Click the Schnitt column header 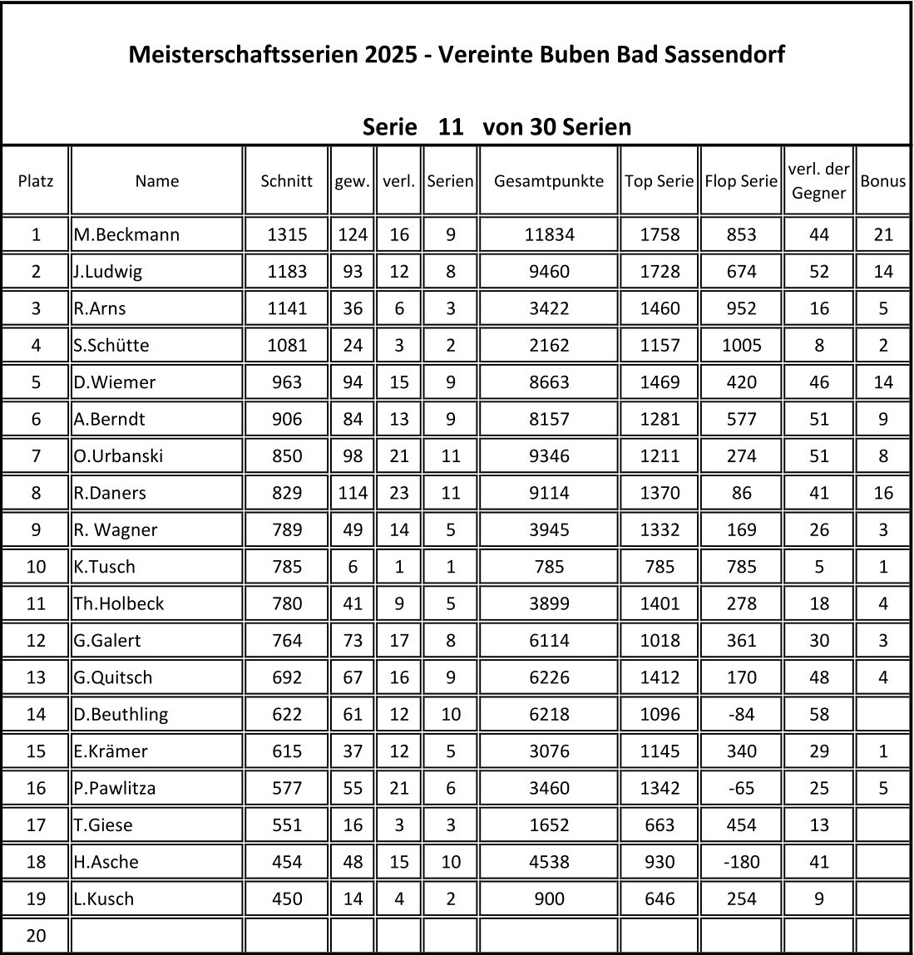point(286,181)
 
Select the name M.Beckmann point(126,235)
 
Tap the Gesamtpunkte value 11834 point(549,235)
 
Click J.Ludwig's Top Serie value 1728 point(660,272)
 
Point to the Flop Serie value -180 point(740,862)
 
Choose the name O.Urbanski point(118,456)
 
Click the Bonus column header point(882,181)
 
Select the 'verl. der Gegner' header point(818,181)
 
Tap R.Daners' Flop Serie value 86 point(740,493)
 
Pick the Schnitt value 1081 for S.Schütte point(286,346)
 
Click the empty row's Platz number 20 point(36,936)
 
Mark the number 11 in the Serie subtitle point(450,127)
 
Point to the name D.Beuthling point(121,715)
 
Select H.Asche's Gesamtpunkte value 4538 point(549,862)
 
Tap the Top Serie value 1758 point(660,235)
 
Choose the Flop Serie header point(740,181)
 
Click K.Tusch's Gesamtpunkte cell point(549,567)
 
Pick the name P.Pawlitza point(115,788)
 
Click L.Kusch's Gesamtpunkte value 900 point(549,899)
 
